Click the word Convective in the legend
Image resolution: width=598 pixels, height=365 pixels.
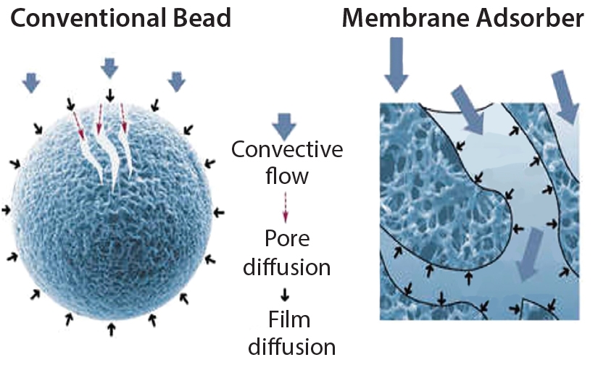coord(286,151)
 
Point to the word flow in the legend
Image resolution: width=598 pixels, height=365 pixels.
coord(286,176)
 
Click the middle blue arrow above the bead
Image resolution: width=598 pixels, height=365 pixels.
coord(109,67)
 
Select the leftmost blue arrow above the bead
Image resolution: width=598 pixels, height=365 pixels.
coord(30,82)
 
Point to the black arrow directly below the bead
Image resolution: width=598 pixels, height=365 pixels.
coord(110,330)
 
